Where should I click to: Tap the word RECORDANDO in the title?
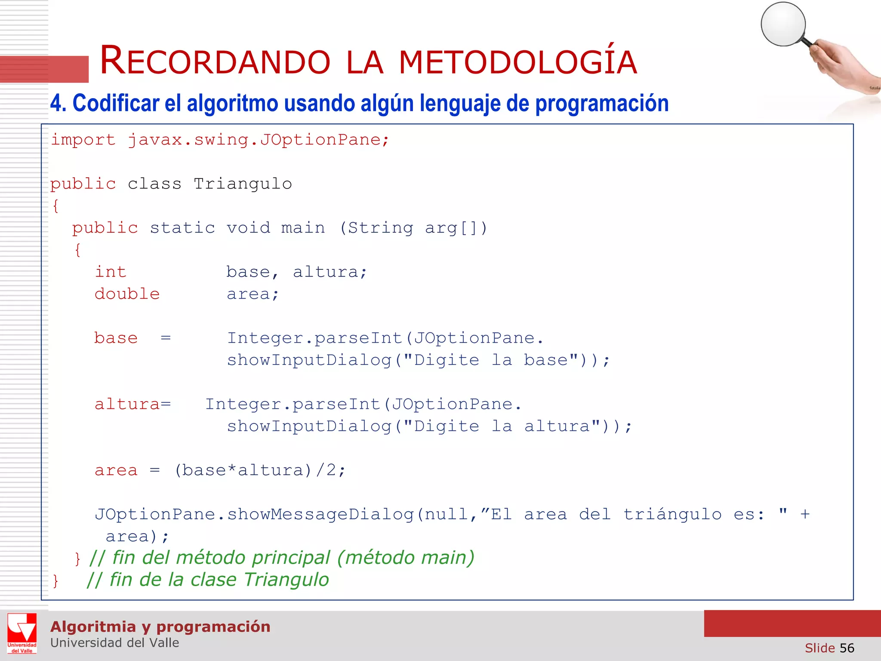[215, 61]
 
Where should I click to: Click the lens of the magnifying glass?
[783, 24]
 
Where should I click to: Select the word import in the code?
[83, 140]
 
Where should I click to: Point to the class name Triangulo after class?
[243, 184]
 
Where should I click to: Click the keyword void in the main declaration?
[249, 228]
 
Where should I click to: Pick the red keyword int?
[111, 272]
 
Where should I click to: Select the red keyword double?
[127, 294]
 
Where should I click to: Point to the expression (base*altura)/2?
[260, 470]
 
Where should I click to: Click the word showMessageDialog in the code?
[320, 515]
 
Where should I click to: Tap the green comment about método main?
[282, 558]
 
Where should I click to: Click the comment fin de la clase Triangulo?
[208, 580]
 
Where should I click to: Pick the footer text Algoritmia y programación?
[160, 627]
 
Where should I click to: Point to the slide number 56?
[847, 648]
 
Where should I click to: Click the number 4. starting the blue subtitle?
[58, 104]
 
